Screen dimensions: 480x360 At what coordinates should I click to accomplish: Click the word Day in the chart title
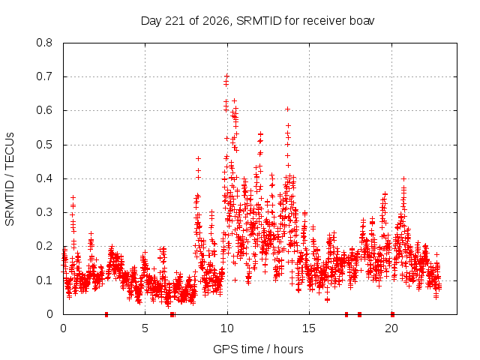coord(151,22)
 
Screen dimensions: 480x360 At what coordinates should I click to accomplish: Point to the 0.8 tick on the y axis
coord(44,43)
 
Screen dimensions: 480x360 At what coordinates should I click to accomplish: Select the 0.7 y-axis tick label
coord(44,76)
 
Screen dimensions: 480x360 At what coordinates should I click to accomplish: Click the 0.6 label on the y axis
coord(44,110)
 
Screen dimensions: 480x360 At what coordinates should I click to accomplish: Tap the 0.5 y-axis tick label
coord(44,145)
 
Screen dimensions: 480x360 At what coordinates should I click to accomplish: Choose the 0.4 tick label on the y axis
coord(44,178)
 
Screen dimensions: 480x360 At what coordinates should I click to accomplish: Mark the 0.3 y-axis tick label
coord(44,212)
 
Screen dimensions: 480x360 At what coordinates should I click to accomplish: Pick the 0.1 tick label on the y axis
coord(44,280)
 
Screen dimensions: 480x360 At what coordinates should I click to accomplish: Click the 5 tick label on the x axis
coord(145,328)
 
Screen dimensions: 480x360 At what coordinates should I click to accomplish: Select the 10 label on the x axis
coord(227,328)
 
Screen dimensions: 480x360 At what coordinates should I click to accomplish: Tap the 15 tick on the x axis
coord(309,328)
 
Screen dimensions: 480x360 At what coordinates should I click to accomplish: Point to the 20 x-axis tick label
coord(391,328)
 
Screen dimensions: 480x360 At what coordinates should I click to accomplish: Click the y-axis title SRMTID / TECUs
coord(10,179)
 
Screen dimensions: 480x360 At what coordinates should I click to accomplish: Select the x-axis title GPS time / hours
coord(258,349)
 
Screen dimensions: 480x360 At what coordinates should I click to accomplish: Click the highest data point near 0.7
coord(226,76)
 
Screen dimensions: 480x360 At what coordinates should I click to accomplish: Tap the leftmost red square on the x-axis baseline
coord(106,314)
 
